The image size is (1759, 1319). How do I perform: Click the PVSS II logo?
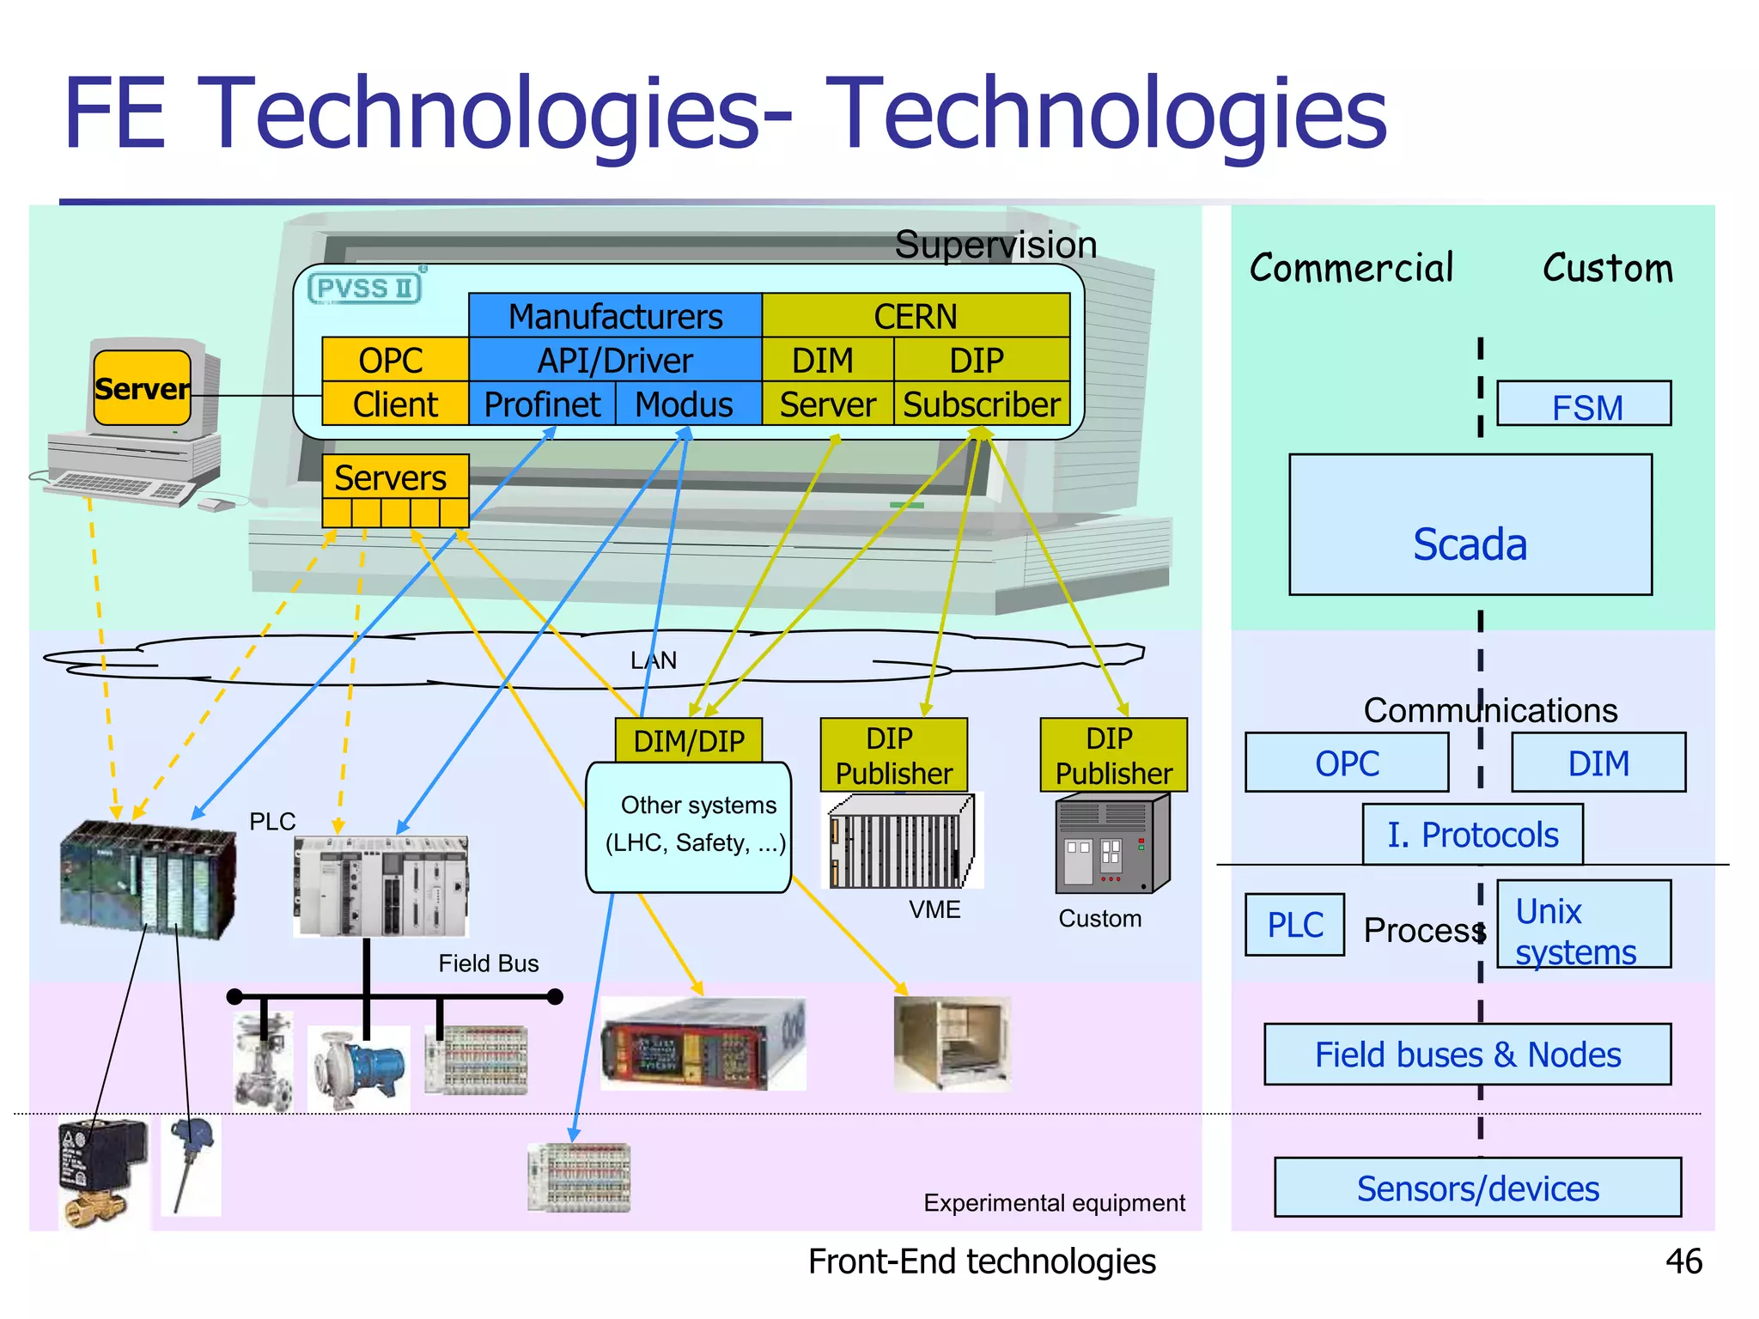click(x=366, y=288)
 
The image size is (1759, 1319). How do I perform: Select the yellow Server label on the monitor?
click(x=142, y=388)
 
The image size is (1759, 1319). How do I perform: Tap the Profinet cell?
click(x=542, y=404)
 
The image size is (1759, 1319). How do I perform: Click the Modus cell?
click(x=685, y=404)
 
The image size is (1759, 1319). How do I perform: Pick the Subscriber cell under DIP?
click(x=982, y=404)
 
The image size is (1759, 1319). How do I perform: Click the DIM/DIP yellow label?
click(x=689, y=740)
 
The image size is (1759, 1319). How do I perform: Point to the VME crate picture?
click(x=902, y=841)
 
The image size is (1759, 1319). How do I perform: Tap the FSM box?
click(x=1585, y=404)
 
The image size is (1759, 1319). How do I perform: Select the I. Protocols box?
click(x=1472, y=834)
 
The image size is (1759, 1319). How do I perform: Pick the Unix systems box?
click(x=1583, y=925)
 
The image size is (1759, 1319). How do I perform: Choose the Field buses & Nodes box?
click(x=1467, y=1055)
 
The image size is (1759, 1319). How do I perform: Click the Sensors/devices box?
click(x=1477, y=1188)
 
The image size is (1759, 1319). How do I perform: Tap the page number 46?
click(x=1683, y=1261)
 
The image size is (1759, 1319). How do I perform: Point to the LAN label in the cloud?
click(x=654, y=660)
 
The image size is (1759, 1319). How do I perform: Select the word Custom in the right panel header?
click(x=1607, y=268)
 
